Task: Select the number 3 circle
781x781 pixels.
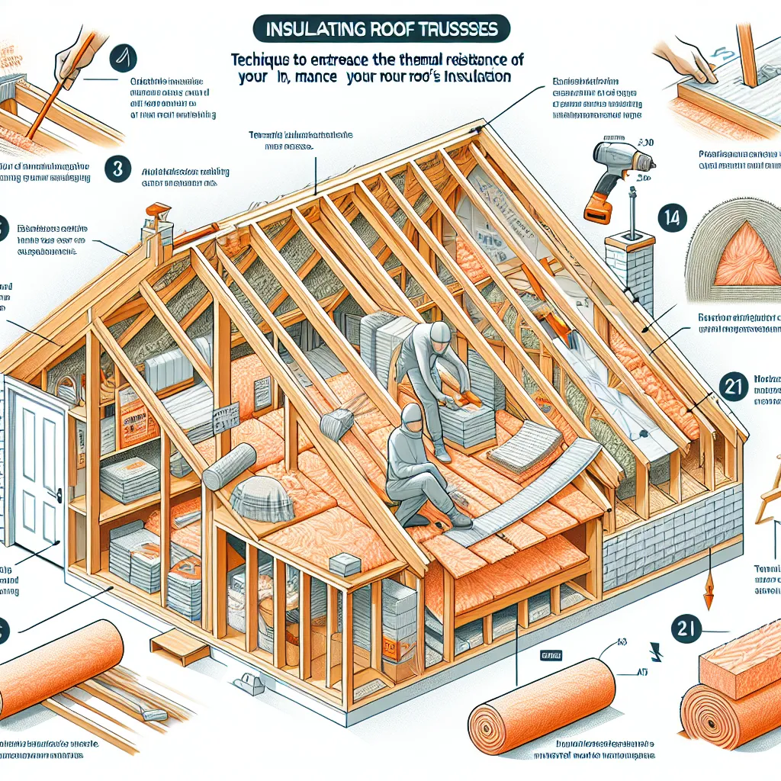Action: point(117,169)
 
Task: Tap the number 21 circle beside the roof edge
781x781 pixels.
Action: point(734,387)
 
